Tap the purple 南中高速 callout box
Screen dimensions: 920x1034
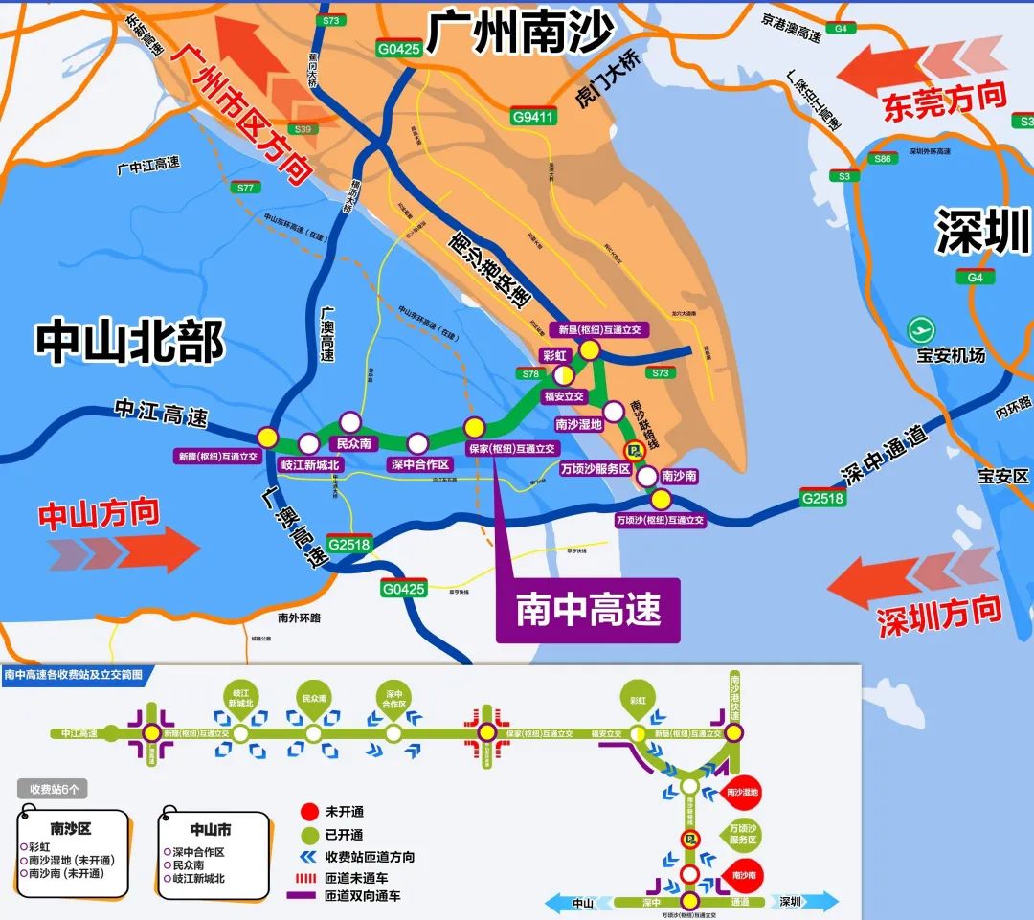tap(588, 610)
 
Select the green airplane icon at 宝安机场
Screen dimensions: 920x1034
tap(923, 329)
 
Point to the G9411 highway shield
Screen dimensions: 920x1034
tap(533, 118)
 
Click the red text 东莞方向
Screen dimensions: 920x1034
tap(944, 100)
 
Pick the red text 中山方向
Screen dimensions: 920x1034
tap(99, 514)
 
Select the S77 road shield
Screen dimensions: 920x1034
tap(246, 188)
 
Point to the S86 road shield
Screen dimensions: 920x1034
tap(883, 159)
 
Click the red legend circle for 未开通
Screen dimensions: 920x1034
tap(306, 810)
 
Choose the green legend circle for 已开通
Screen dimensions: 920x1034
tap(306, 834)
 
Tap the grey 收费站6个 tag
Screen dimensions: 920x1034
tap(54, 789)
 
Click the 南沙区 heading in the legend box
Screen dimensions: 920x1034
tap(73, 828)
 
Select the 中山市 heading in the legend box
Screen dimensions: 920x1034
tap(210, 829)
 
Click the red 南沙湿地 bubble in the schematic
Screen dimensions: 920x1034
tap(743, 792)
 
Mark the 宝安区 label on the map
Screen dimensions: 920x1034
tap(1001, 475)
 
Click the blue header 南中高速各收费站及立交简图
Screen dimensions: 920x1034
tap(74, 675)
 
